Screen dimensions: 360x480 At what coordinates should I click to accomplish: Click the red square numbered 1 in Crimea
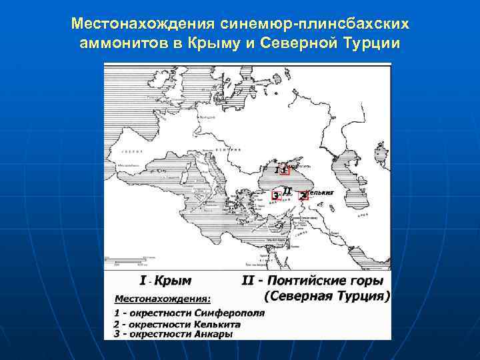pos(285,170)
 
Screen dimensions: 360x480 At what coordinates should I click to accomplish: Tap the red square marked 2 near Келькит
pos(304,195)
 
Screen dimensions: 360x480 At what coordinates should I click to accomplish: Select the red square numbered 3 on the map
pos(276,195)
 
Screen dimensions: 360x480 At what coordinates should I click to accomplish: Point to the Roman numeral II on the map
pos(287,190)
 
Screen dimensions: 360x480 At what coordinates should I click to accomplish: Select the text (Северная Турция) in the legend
pos(327,295)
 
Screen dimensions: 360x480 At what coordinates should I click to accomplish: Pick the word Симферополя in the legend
pos(230,312)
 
